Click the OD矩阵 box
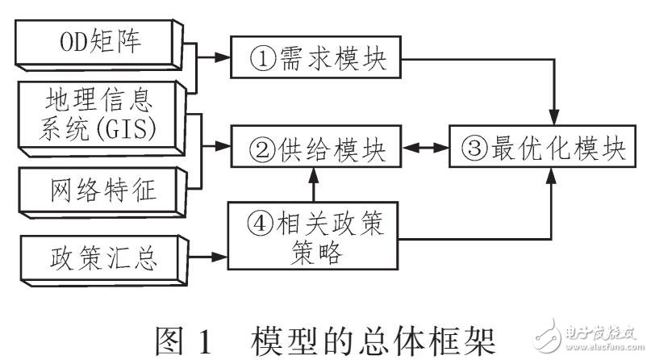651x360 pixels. (100, 42)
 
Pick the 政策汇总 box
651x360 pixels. (100, 258)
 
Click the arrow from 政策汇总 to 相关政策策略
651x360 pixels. (208, 257)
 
